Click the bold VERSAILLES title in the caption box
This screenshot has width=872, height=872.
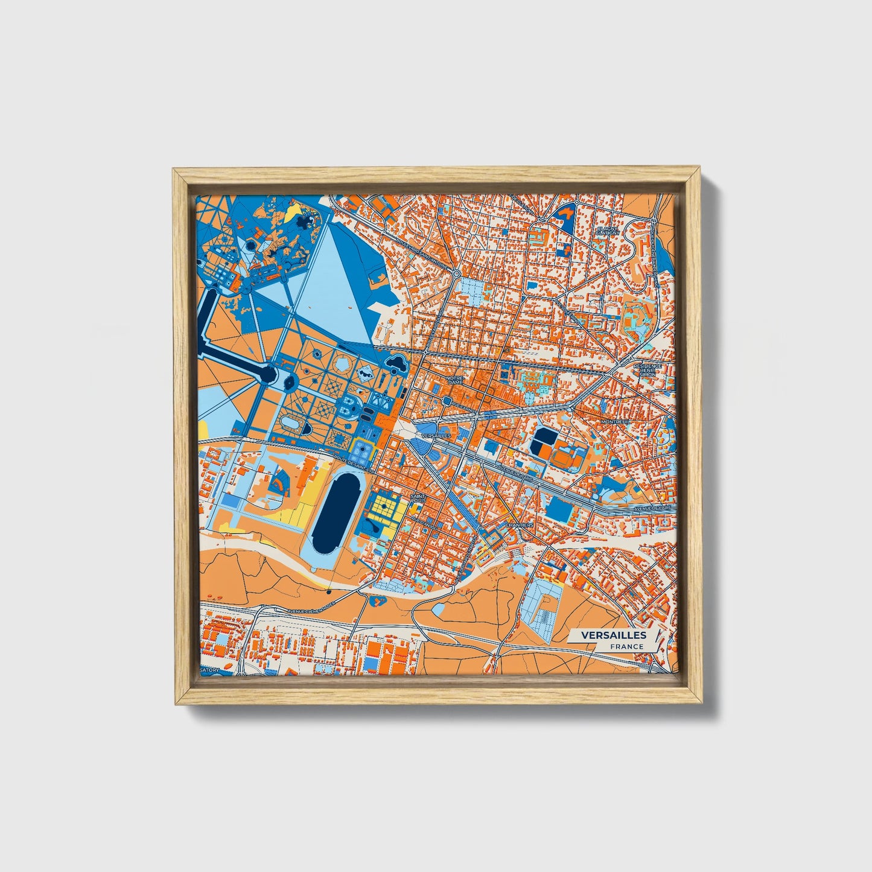coord(613,635)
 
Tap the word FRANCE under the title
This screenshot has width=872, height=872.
coord(626,646)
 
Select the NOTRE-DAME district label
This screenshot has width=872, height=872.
coord(454,380)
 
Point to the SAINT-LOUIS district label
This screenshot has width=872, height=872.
coord(417,500)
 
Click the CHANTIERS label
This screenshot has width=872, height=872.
coord(520,525)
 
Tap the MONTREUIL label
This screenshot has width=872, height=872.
coord(614,421)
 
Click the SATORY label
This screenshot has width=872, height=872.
coord(210,670)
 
